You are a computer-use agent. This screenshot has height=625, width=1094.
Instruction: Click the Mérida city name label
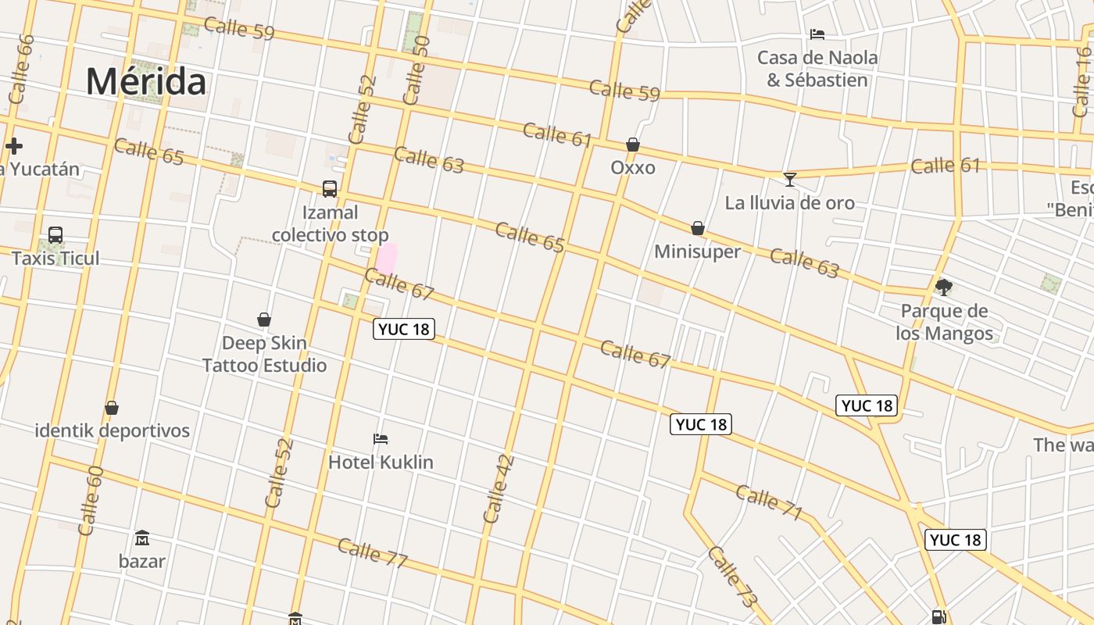pyautogui.click(x=146, y=81)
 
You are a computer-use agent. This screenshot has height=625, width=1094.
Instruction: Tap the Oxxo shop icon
pyautogui.click(x=633, y=145)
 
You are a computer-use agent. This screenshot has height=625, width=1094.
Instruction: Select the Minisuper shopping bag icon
pyautogui.click(x=698, y=228)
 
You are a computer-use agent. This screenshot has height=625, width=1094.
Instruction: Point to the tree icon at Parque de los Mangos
pyautogui.click(x=944, y=287)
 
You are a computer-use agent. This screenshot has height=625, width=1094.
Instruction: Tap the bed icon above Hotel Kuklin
pyautogui.click(x=381, y=439)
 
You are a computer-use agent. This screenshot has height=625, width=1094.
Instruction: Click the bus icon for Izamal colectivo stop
pyautogui.click(x=330, y=189)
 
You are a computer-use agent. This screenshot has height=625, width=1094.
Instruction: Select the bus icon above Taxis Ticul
pyautogui.click(x=55, y=235)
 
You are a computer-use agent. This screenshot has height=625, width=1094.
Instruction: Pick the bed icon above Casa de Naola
pyautogui.click(x=817, y=34)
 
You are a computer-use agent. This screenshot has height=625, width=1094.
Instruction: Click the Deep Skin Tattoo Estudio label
pyautogui.click(x=264, y=354)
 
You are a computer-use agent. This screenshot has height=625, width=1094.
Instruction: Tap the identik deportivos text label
pyautogui.click(x=112, y=430)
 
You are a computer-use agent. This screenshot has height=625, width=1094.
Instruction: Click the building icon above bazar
pyautogui.click(x=142, y=538)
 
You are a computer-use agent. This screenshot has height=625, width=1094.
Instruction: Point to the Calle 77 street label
pyautogui.click(x=373, y=553)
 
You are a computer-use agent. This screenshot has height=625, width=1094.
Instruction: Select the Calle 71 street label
pyautogui.click(x=769, y=502)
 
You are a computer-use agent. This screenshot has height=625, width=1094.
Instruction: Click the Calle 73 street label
pyautogui.click(x=733, y=577)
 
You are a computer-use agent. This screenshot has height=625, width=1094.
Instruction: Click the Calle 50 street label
pyautogui.click(x=416, y=70)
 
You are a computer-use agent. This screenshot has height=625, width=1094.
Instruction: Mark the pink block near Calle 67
pyautogui.click(x=387, y=259)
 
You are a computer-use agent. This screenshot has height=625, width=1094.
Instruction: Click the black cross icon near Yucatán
pyautogui.click(x=14, y=146)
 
